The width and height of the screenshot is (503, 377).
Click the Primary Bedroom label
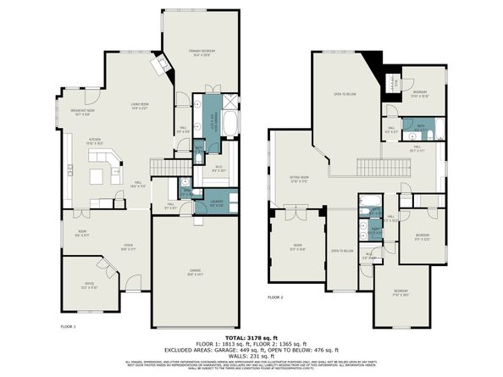[x=202, y=53]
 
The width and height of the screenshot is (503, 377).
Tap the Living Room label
[x=140, y=106]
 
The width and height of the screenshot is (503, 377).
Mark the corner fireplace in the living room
[x=158, y=65]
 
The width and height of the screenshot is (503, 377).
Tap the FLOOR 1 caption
[x=69, y=325]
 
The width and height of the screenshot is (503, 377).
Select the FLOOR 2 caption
[x=275, y=297]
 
